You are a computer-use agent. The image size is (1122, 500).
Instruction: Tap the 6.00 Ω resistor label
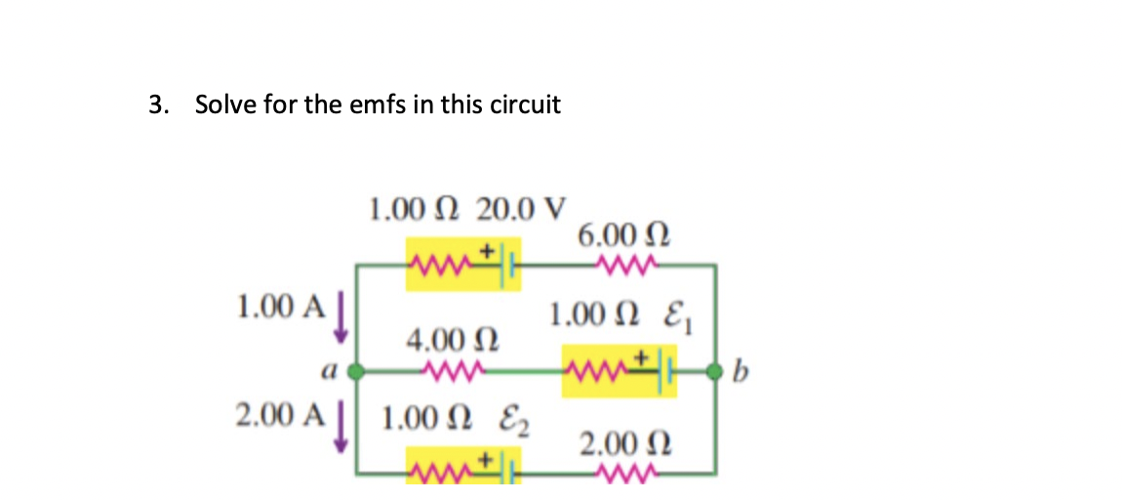tap(623, 234)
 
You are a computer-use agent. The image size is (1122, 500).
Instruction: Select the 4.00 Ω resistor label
tap(451, 342)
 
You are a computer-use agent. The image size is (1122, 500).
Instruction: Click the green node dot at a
tap(358, 371)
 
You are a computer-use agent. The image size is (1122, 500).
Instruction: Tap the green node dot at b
tap(716, 371)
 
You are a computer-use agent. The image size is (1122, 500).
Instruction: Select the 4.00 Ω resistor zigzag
tap(452, 370)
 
